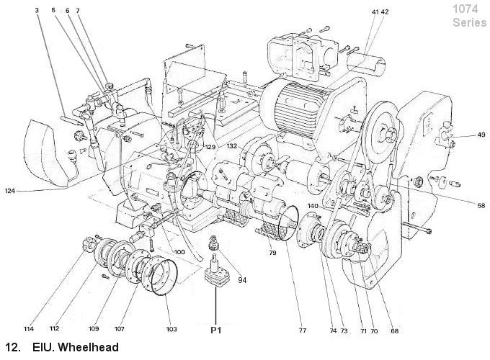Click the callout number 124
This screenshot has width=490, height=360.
(10, 191)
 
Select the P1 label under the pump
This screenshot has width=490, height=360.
(216, 330)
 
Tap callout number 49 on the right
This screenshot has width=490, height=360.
(481, 135)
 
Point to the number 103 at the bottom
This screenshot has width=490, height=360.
(171, 329)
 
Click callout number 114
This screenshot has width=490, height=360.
(29, 329)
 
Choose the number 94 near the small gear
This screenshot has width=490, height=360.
(242, 280)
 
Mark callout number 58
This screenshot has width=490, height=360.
(481, 205)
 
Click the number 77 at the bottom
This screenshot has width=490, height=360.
(302, 330)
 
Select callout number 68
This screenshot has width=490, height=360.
(395, 331)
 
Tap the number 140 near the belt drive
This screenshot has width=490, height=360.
(313, 206)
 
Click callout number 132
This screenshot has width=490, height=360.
(232, 146)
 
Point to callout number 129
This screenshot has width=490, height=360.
(210, 147)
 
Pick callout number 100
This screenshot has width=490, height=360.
(179, 252)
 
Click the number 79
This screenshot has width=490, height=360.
(272, 253)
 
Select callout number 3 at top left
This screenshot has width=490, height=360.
(37, 10)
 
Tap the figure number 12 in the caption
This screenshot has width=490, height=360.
(12, 347)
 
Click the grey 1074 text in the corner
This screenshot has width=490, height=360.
(465, 9)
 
